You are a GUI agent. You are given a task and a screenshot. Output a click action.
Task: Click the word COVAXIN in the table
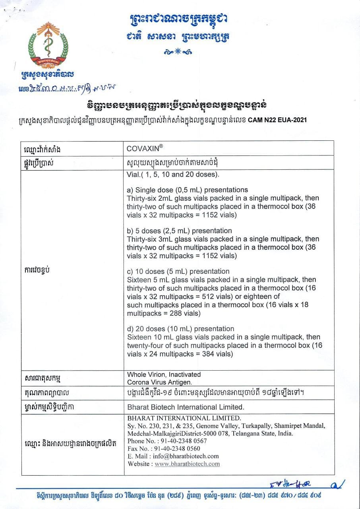click(x=143, y=148)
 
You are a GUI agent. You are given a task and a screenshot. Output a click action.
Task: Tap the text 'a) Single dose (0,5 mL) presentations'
click(x=187, y=190)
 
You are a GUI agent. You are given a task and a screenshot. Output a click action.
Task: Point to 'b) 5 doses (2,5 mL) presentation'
click(x=179, y=231)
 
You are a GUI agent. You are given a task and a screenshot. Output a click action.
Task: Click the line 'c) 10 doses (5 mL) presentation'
click(x=178, y=272)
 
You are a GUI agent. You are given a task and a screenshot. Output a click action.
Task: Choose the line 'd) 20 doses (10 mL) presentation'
click(x=180, y=329)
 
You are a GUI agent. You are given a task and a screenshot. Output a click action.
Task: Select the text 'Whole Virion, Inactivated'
click(x=164, y=375)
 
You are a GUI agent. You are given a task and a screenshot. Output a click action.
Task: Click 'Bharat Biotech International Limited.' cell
click(x=185, y=407)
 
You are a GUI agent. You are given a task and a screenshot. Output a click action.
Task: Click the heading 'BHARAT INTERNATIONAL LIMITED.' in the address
click(x=184, y=418)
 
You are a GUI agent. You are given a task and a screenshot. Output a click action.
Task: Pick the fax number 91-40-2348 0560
click(x=181, y=449)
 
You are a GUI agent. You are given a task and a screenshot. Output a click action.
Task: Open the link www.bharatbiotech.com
click(x=187, y=464)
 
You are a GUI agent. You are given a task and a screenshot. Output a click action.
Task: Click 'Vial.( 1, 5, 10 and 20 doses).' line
click(x=173, y=175)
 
